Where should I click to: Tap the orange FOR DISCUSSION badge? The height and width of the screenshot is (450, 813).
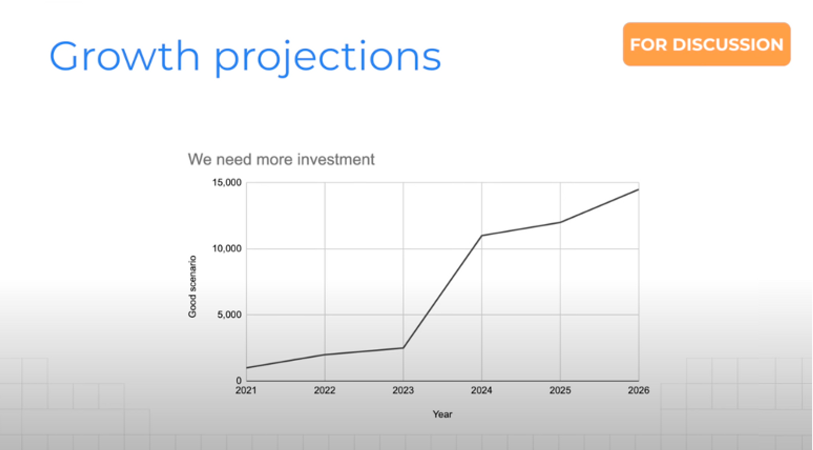706,44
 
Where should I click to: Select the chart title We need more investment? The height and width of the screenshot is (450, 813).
281,159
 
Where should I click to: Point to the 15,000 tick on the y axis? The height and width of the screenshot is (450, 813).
227,183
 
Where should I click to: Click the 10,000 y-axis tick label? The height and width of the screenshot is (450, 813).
227,249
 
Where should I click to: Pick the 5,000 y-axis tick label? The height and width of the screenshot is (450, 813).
229,315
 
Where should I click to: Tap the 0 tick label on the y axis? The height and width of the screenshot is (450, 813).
239,381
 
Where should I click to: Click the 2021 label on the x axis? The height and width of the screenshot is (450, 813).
246,391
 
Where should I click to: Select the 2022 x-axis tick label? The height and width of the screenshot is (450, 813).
324,391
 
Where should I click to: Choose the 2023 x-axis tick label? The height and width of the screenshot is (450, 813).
403,391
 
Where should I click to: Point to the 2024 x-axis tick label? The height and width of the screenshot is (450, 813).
481,391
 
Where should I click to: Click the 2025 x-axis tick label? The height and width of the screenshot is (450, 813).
560,391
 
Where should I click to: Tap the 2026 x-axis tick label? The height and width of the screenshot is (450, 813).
639,391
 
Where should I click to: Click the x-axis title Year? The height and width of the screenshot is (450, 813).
442,414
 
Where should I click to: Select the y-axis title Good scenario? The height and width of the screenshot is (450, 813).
192,286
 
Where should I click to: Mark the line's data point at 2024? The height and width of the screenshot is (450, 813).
482,235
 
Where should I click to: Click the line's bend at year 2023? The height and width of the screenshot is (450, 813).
403,348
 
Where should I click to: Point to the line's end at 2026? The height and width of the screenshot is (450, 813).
639,190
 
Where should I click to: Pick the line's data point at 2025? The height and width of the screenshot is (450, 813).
560,222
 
